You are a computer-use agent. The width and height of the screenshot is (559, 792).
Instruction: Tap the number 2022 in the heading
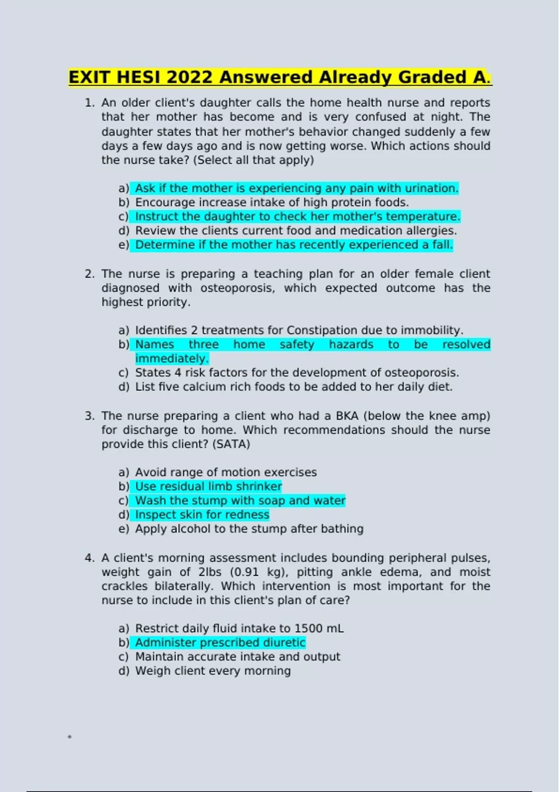189,77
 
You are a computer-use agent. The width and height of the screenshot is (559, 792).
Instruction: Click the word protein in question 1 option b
329,203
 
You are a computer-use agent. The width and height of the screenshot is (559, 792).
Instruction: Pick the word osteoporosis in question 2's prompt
238,288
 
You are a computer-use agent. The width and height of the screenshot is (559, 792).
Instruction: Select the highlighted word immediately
172,359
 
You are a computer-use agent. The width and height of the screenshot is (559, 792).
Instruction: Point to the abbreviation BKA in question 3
347,416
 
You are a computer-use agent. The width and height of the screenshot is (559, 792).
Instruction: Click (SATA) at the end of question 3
231,444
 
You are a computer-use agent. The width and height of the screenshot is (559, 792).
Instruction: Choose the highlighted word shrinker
259,486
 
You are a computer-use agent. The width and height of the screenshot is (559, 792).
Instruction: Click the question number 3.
89,416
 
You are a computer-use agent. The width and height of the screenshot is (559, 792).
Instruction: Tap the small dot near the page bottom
69,737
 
